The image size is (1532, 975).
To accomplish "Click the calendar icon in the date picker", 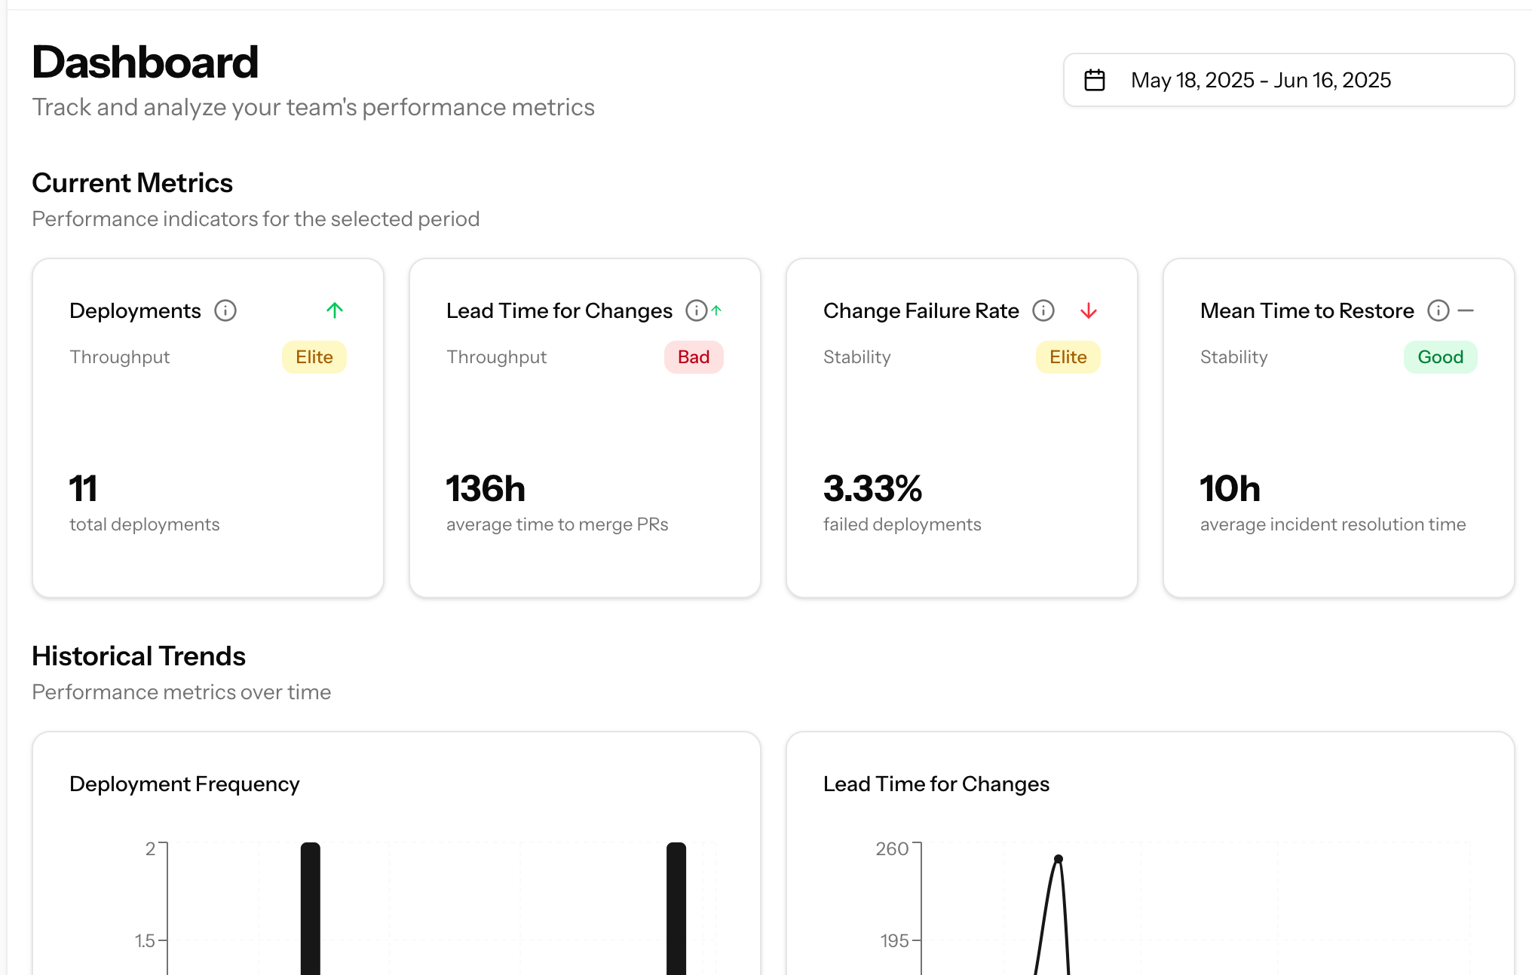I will pyautogui.click(x=1095, y=80).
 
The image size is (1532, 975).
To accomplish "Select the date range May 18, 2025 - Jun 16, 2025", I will pyautogui.click(x=1261, y=80).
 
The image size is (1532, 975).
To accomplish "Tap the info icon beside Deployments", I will pyautogui.click(x=225, y=310).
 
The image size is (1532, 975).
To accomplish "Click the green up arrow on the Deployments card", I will pyautogui.click(x=335, y=310).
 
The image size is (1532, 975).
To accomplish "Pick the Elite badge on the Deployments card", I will pyautogui.click(x=314, y=357).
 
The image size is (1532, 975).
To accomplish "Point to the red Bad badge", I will pyautogui.click(x=693, y=357).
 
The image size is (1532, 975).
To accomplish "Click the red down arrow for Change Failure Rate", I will pyautogui.click(x=1088, y=310).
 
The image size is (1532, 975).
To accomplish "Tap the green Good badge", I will pyautogui.click(x=1440, y=357).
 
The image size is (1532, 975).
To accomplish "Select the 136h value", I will pyautogui.click(x=486, y=489).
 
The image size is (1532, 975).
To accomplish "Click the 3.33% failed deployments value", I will pyautogui.click(x=872, y=489).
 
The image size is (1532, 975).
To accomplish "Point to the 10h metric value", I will pyautogui.click(x=1230, y=489).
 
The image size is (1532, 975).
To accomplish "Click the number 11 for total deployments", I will pyautogui.click(x=83, y=489).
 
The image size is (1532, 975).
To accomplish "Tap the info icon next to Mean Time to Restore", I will pyautogui.click(x=1439, y=310).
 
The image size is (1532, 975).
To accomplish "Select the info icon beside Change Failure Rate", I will pyautogui.click(x=1043, y=310).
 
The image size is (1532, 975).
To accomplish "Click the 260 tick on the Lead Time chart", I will pyautogui.click(x=892, y=849).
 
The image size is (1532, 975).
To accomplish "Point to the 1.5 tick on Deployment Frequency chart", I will pyautogui.click(x=145, y=941).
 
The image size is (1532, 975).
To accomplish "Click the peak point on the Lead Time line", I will pyautogui.click(x=1059, y=859).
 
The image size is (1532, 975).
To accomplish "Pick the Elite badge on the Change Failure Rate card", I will pyautogui.click(x=1068, y=357).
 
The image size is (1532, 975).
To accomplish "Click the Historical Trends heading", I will pyautogui.click(x=139, y=656).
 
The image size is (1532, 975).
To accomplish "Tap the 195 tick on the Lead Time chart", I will pyautogui.click(x=894, y=941).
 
